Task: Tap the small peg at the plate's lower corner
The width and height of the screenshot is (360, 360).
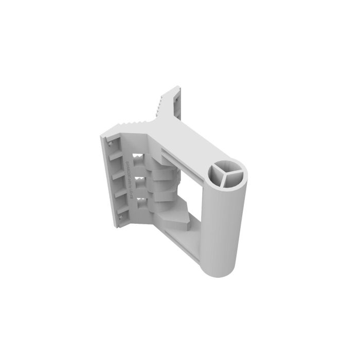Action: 121,219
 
